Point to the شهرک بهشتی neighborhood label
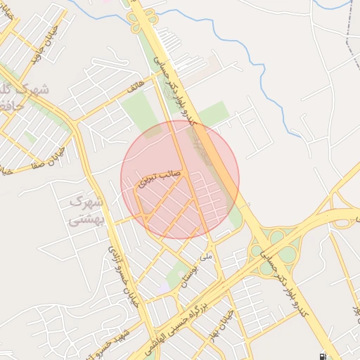86,210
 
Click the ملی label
205,258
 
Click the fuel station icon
322,356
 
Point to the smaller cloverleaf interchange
341,197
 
